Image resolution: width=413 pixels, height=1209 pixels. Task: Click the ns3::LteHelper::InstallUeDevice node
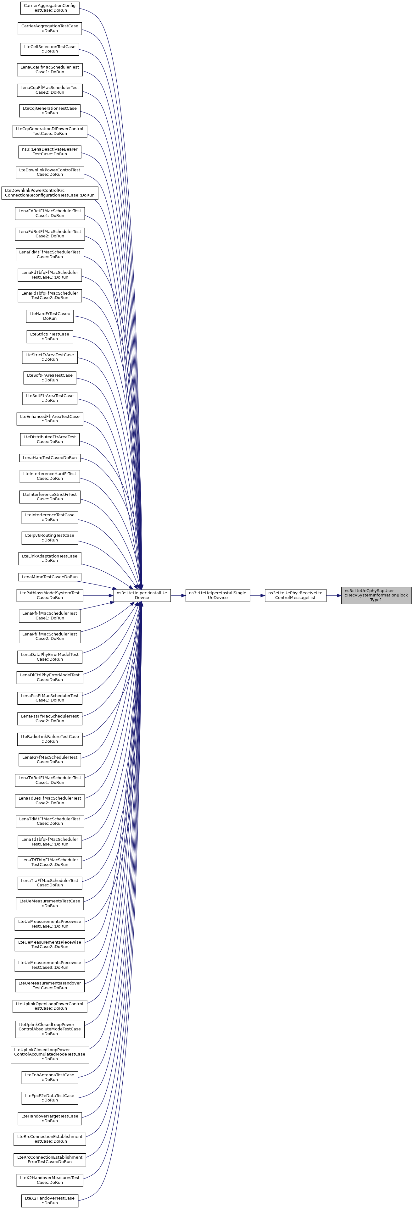click(142, 595)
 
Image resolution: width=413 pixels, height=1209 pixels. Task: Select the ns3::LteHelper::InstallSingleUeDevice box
click(217, 595)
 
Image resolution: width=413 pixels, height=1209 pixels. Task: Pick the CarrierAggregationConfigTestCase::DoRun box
click(49, 8)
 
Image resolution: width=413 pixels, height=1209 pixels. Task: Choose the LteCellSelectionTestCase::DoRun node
click(49, 49)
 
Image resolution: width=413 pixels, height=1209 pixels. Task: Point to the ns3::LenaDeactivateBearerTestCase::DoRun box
click(49, 152)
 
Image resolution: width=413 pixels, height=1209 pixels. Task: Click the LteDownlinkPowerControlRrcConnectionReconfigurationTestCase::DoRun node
click(49, 192)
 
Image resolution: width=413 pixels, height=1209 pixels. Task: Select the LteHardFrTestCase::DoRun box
click(49, 316)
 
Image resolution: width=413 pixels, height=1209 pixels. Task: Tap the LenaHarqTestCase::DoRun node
click(49, 458)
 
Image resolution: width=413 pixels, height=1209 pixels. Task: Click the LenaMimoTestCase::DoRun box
click(49, 577)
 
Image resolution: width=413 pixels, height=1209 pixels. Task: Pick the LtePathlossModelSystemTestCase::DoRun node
click(49, 595)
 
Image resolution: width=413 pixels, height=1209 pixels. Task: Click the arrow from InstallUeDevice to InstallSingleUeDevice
click(178, 595)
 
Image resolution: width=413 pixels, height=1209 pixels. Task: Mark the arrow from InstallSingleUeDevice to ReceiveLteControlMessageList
click(257, 595)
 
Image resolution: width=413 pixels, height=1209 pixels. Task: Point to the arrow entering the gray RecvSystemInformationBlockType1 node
click(334, 595)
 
